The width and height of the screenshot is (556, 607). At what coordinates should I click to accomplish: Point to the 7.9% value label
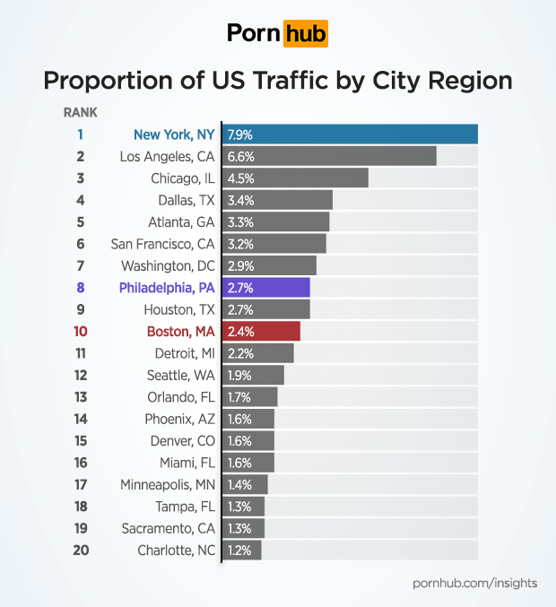tap(240, 134)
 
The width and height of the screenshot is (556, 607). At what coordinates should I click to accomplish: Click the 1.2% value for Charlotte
tap(239, 550)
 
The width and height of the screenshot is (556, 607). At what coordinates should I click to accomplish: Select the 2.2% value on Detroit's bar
tap(239, 353)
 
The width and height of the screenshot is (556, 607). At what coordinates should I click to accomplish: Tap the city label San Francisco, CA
tap(162, 244)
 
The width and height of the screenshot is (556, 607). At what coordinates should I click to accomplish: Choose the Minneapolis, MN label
tap(167, 484)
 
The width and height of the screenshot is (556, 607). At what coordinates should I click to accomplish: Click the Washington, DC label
tap(168, 265)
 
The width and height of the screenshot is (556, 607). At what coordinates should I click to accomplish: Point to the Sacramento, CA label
tap(168, 528)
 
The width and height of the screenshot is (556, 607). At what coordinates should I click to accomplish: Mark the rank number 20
tap(81, 550)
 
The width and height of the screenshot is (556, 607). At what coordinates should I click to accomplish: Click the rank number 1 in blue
tap(81, 134)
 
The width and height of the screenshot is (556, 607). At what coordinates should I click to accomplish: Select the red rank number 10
tap(81, 331)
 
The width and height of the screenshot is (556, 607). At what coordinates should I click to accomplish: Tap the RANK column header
tap(81, 113)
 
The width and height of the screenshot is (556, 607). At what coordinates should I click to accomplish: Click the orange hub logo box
tap(305, 33)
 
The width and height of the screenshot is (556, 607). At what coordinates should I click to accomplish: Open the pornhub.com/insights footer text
tap(474, 583)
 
